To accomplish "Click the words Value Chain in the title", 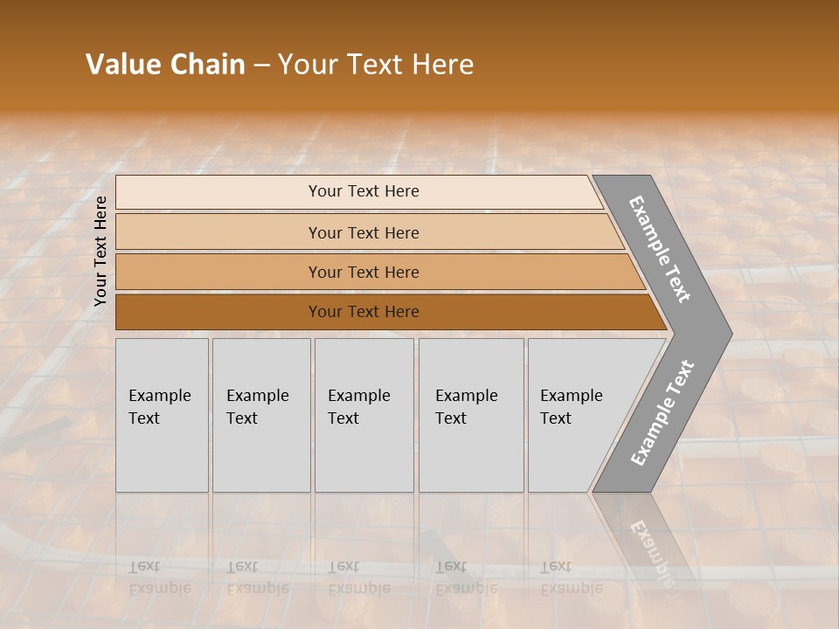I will pyautogui.click(x=165, y=64).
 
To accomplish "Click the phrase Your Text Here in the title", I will pyautogui.click(x=376, y=64).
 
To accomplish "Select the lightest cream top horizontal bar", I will pyautogui.click(x=358, y=191).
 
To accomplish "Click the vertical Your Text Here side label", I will pyautogui.click(x=101, y=251).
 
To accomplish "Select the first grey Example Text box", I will pyautogui.click(x=162, y=415).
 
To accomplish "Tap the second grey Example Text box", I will pyautogui.click(x=261, y=415).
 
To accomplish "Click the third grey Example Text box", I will pyautogui.click(x=364, y=415).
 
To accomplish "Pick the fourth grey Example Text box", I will pyautogui.click(x=471, y=415).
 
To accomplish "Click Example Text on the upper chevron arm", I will pyautogui.click(x=660, y=249).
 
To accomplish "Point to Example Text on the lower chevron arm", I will pyautogui.click(x=662, y=412).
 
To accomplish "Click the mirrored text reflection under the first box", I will pyautogui.click(x=159, y=577).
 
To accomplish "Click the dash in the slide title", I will pyautogui.click(x=261, y=66).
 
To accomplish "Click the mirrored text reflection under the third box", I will pyautogui.click(x=359, y=577).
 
